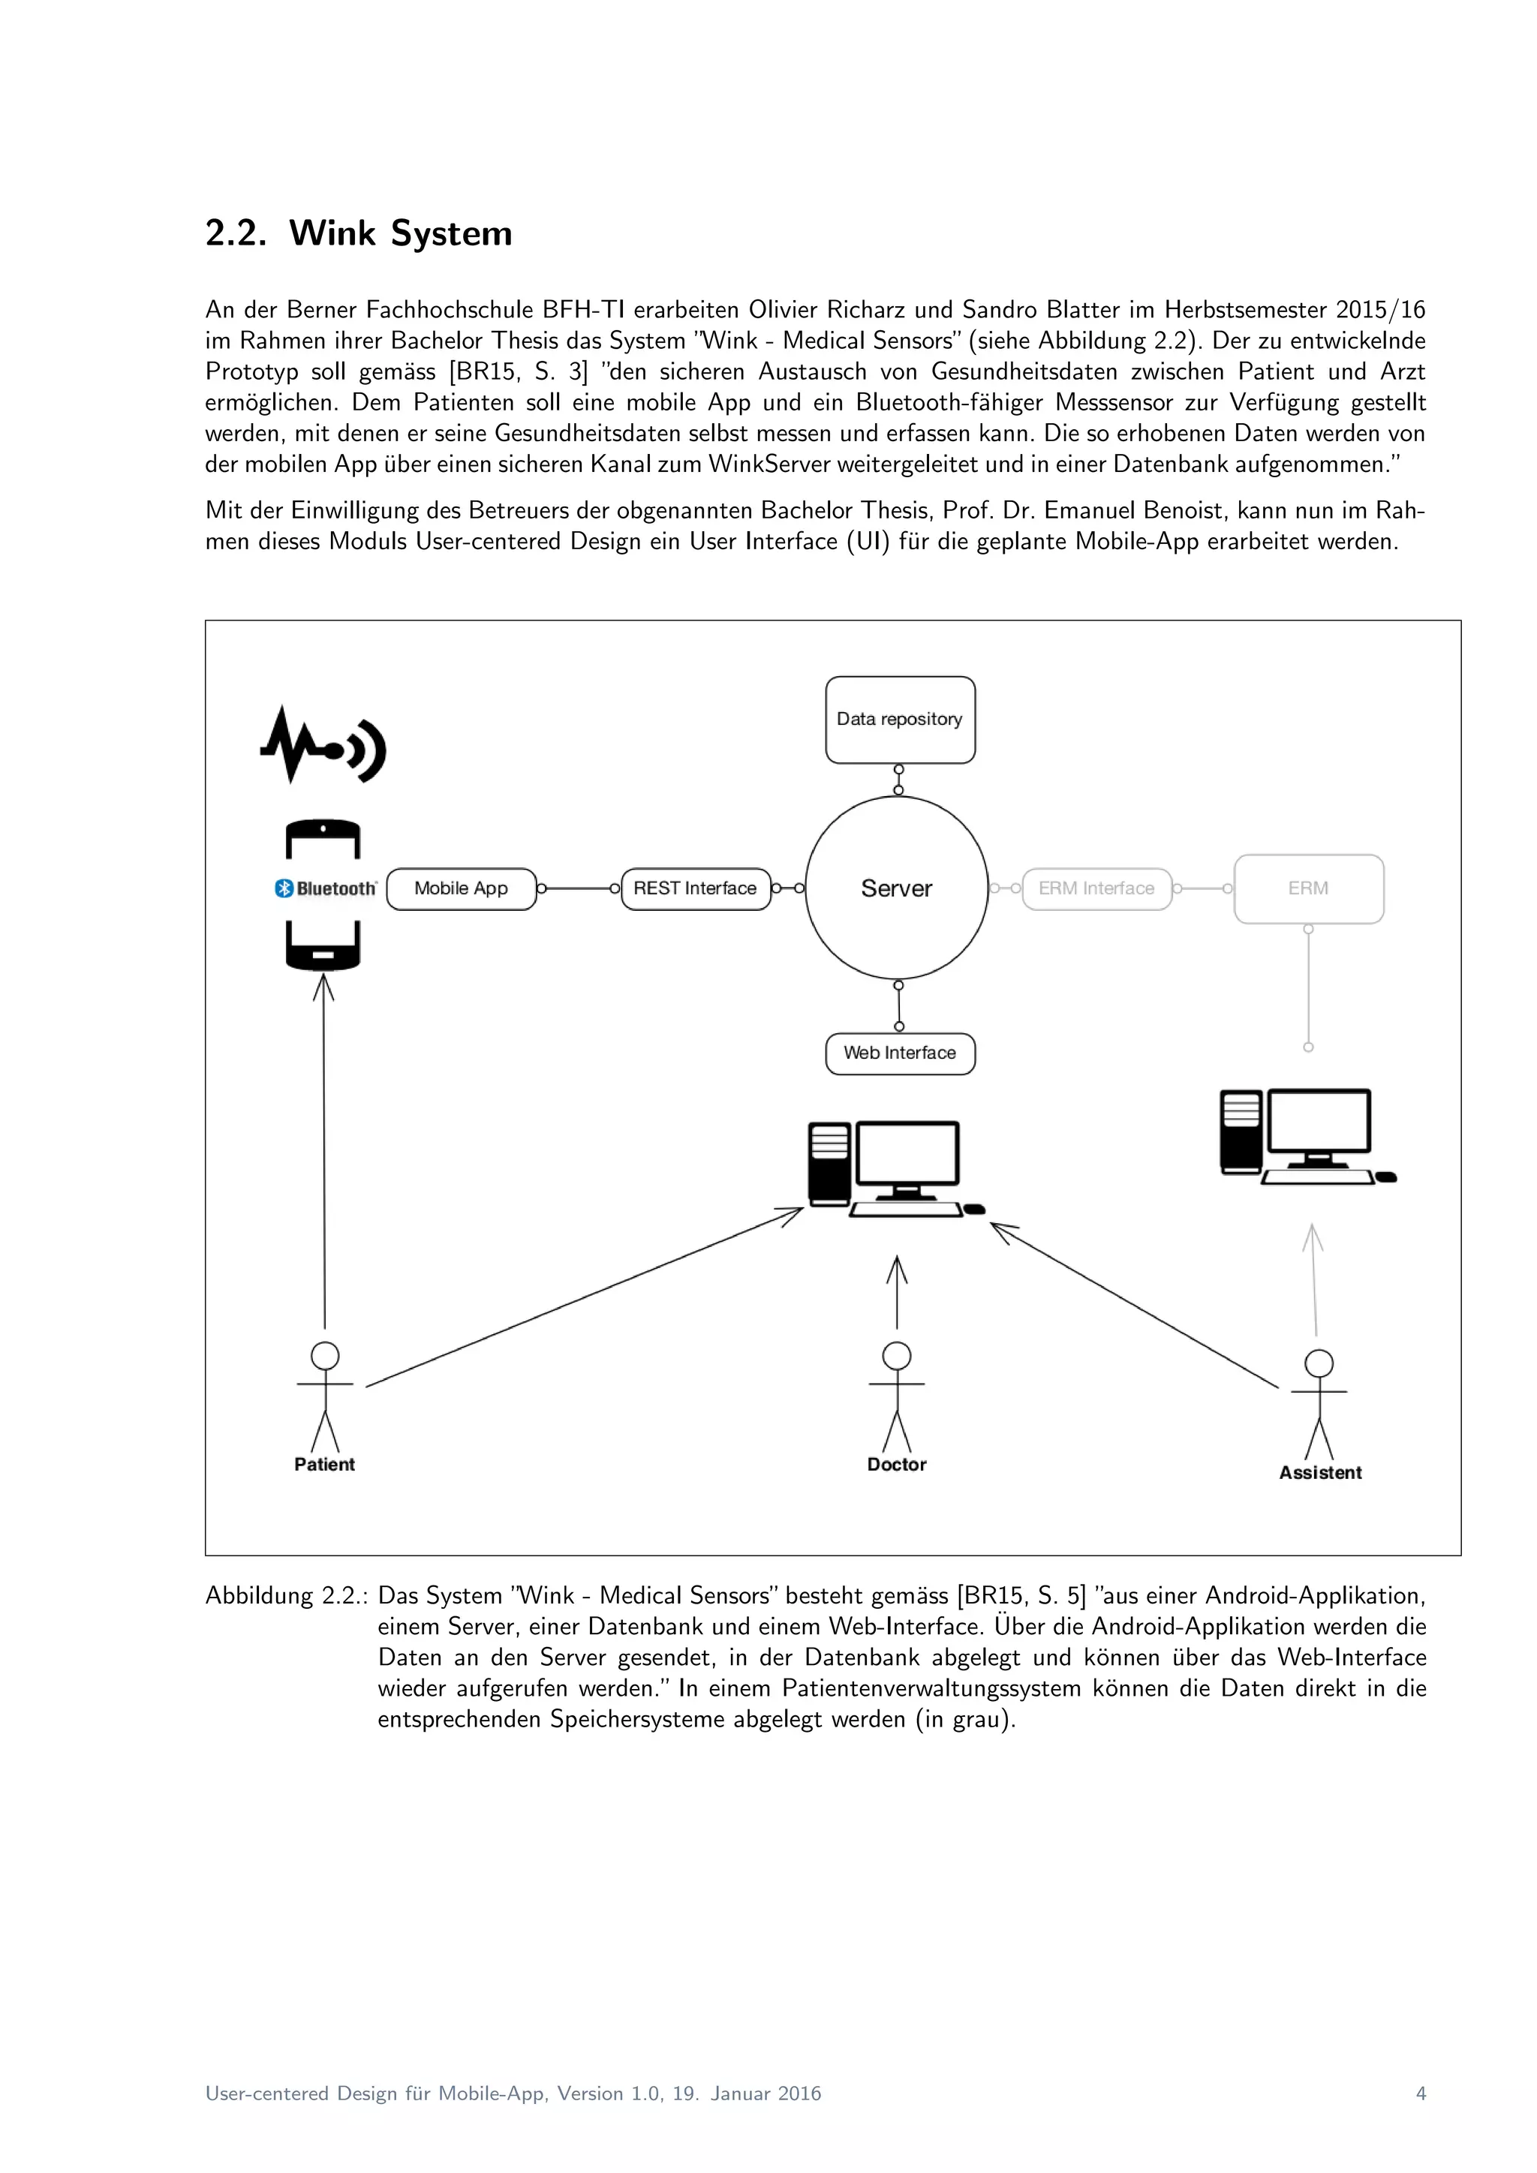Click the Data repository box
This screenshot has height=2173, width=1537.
tap(900, 720)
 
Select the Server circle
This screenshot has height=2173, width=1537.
tap(896, 888)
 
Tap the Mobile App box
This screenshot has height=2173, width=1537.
tap(461, 888)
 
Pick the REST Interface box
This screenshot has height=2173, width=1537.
tap(696, 888)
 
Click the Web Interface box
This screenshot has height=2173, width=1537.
tap(900, 1053)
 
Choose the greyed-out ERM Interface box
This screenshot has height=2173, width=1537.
tap(1097, 888)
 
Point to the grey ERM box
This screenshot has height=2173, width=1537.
tap(1308, 888)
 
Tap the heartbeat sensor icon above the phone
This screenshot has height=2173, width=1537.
tap(323, 746)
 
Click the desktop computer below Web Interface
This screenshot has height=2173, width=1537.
tap(895, 1169)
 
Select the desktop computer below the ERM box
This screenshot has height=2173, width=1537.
tap(1306, 1136)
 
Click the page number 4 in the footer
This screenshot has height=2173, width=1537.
tap(1420, 2093)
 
